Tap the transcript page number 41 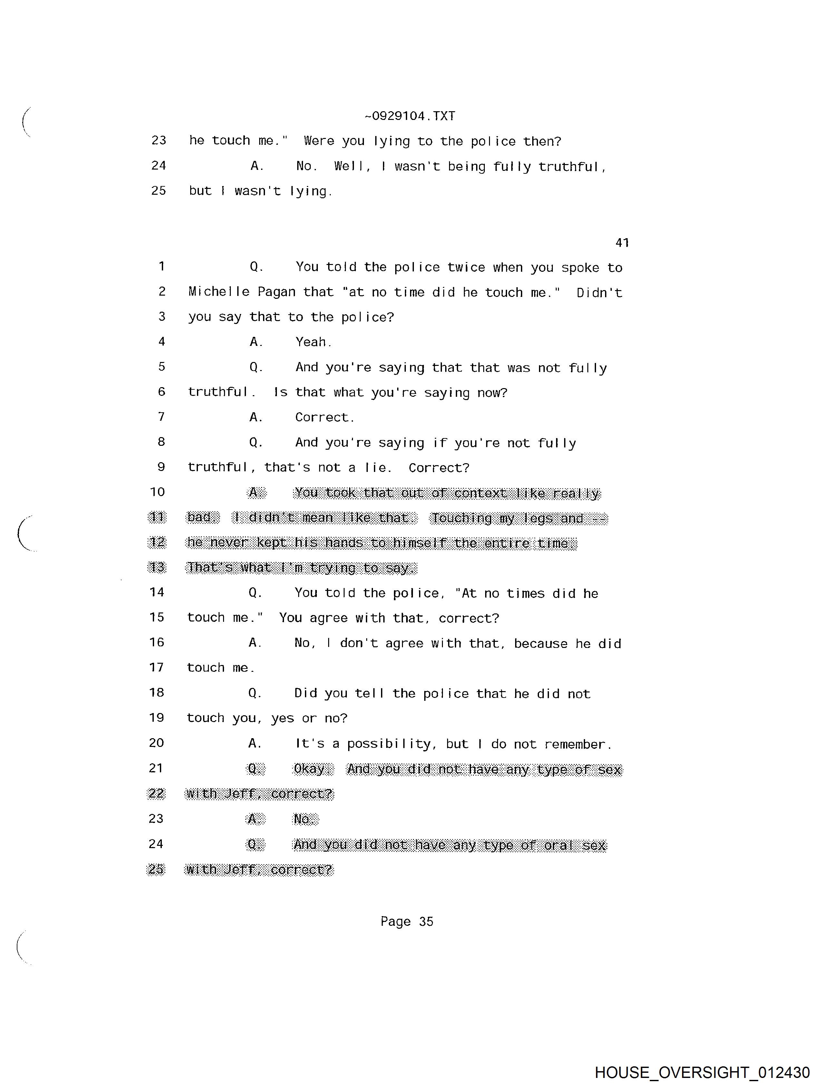[x=622, y=242]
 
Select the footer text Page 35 [x=406, y=922]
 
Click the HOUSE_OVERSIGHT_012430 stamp [x=702, y=1072]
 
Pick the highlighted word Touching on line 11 [x=462, y=518]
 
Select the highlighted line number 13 [x=157, y=568]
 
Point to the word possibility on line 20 [x=389, y=744]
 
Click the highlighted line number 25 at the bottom [x=156, y=869]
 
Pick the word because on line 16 [x=541, y=643]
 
